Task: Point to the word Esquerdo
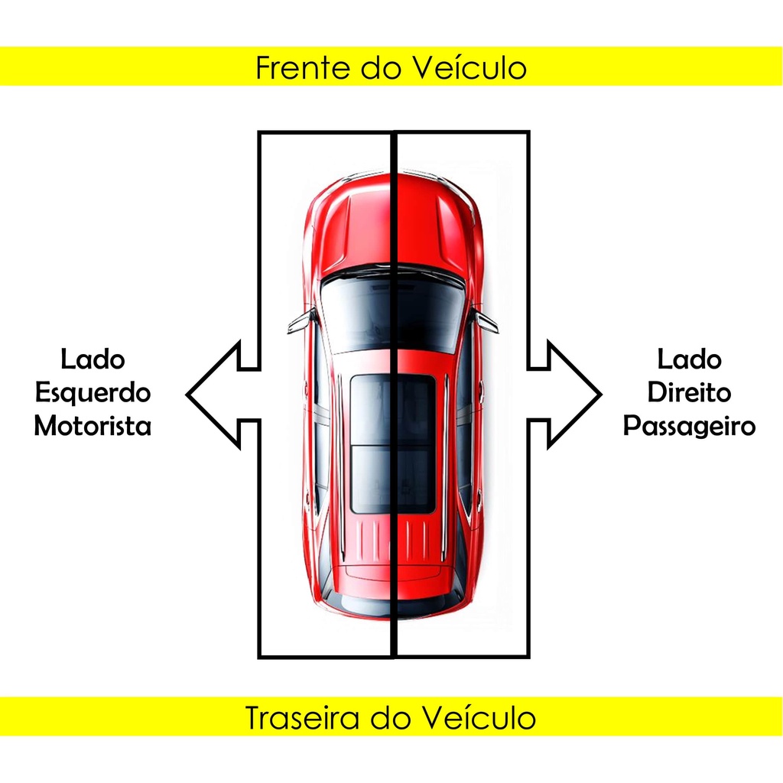pos(93,393)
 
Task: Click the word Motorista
pos(93,426)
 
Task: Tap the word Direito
pos(689,393)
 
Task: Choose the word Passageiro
pos(689,426)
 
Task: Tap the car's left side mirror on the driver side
pos(301,322)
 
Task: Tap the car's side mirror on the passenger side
pos(485,322)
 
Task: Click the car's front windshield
pos(392,310)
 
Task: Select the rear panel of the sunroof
pos(392,479)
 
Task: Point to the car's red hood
pos(392,226)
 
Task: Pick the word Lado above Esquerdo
pos(93,359)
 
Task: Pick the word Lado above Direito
pos(689,359)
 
